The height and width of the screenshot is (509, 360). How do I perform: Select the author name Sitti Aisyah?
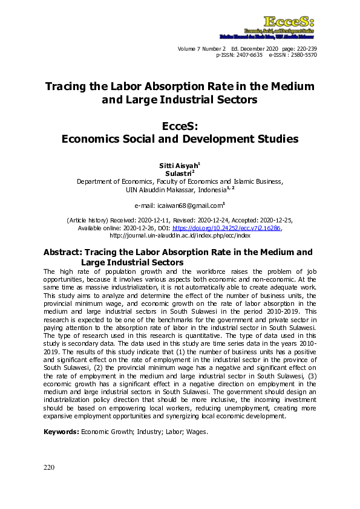(x=178, y=165)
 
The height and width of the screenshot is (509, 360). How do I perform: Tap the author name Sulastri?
(x=178, y=173)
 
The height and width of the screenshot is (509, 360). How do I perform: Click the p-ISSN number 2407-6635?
(x=248, y=54)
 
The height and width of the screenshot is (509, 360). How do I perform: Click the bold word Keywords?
(x=61, y=432)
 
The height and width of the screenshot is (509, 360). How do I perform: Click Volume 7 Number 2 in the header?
(x=201, y=48)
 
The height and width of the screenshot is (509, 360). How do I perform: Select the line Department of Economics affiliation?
(x=180, y=181)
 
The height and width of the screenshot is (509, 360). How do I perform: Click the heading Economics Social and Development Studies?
(x=180, y=138)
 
